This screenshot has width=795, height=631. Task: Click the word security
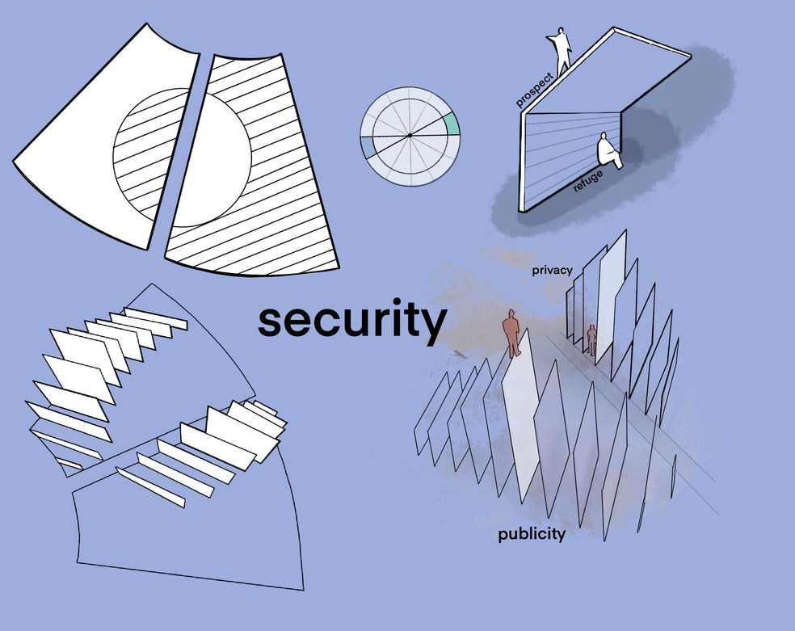tap(351, 321)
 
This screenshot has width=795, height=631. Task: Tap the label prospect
tap(535, 89)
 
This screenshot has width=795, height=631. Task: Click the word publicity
tap(531, 535)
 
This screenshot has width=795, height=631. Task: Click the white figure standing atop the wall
tap(561, 49)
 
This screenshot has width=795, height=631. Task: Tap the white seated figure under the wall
tap(608, 152)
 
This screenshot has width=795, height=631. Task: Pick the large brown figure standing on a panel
tap(511, 331)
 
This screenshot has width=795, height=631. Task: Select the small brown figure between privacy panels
tap(591, 339)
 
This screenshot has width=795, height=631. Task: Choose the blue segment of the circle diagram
tap(368, 146)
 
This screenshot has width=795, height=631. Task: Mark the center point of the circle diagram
tap(410, 136)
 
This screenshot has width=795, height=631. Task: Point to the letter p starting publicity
tap(503, 536)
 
